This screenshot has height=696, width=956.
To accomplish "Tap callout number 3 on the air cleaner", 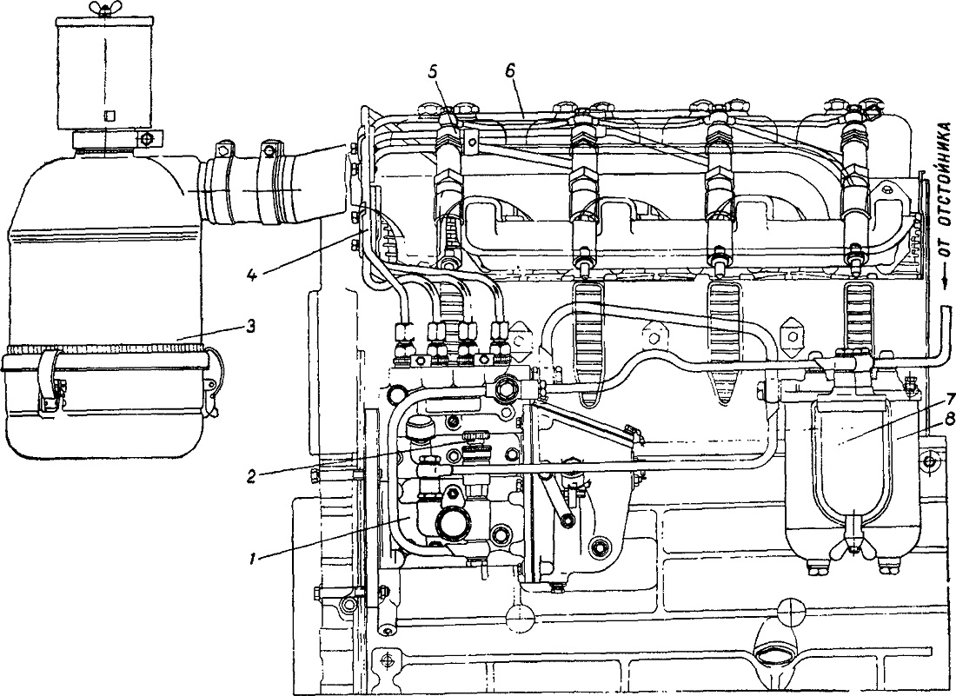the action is coord(249,325).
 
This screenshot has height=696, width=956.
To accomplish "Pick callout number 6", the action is coord(509,70).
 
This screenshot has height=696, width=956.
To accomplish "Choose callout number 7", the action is coord(932,398).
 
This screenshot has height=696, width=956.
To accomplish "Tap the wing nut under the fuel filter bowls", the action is coord(857,546).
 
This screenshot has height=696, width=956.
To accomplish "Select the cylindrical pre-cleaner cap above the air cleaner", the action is coord(105,72).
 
